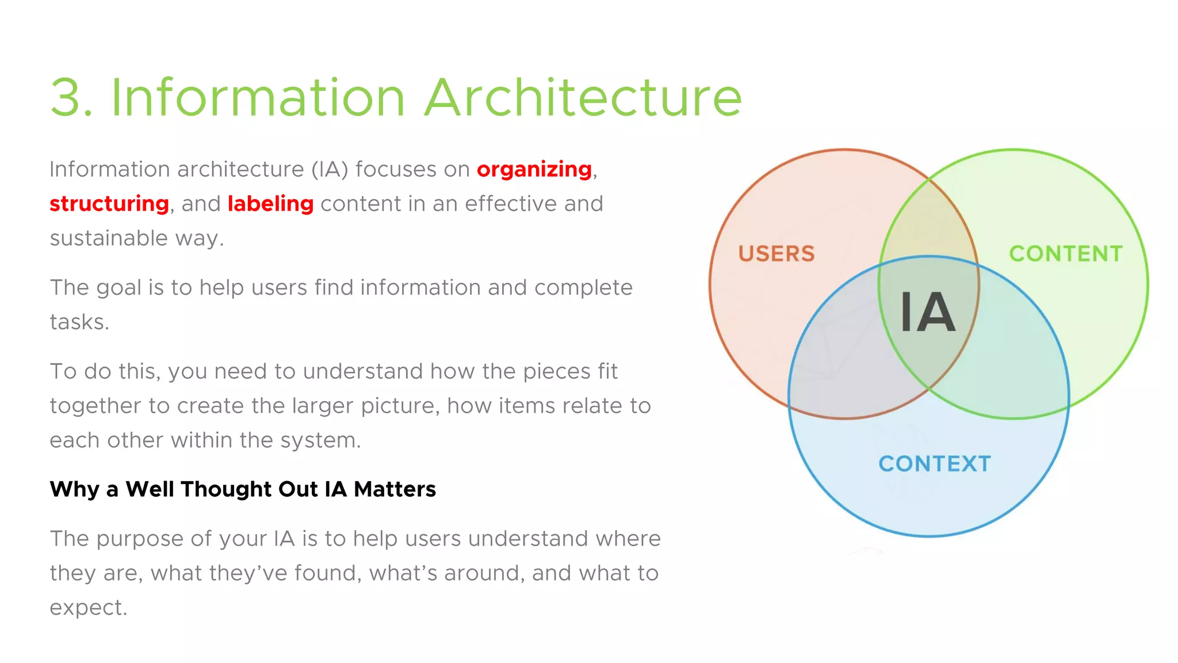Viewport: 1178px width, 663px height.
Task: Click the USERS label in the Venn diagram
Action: pyautogui.click(x=776, y=254)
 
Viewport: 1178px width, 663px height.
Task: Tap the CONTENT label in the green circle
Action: pyautogui.click(x=1065, y=254)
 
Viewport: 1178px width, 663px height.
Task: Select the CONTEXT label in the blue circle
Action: pyautogui.click(x=934, y=464)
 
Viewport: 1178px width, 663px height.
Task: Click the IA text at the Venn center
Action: pyautogui.click(x=927, y=313)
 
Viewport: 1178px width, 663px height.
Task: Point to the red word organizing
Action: pyautogui.click(x=534, y=170)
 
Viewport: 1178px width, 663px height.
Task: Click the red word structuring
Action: pyautogui.click(x=109, y=204)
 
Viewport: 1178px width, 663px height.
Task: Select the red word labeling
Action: pyautogui.click(x=270, y=204)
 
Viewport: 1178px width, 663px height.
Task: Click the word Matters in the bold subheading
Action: pyautogui.click(x=395, y=489)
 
